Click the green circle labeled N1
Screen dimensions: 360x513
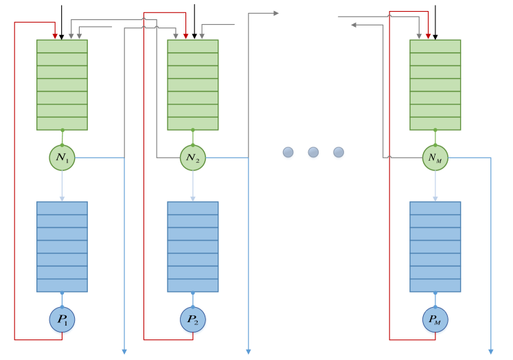coord(62,157)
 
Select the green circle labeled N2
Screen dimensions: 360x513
coord(193,157)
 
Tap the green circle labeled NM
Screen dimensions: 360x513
coord(435,157)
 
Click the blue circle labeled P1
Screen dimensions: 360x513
coord(62,319)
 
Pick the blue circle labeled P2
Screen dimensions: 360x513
coord(193,319)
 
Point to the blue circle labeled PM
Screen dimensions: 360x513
coord(435,319)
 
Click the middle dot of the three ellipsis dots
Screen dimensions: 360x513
coord(313,153)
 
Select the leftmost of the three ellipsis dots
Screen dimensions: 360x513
coord(288,153)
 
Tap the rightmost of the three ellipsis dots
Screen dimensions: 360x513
coord(338,153)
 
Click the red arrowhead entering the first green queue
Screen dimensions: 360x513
coord(55,36)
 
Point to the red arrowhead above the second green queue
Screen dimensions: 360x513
coord(186,36)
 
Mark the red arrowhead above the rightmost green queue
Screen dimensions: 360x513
coord(429,36)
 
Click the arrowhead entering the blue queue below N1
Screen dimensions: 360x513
coord(62,198)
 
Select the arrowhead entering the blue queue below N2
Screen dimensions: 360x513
coord(193,198)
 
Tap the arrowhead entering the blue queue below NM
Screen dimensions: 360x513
coord(435,198)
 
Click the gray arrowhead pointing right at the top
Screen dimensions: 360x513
coord(275,13)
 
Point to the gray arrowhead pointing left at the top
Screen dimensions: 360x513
coord(354,25)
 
